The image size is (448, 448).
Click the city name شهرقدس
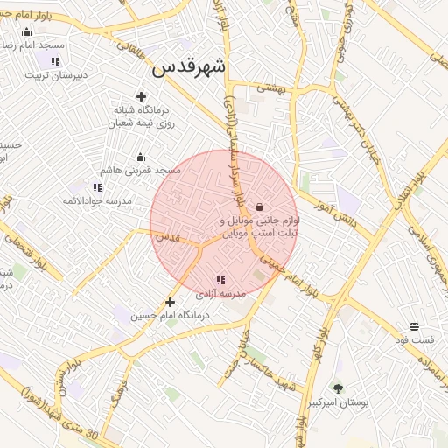[x=189, y=68]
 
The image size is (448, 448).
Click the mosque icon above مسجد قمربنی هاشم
[x=140, y=157]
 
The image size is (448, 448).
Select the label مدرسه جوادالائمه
[x=101, y=201]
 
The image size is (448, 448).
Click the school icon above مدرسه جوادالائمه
[x=97, y=187]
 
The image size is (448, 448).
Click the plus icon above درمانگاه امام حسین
[x=170, y=302]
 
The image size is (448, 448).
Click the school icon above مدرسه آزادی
[x=220, y=280]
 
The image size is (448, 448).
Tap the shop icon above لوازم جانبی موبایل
[x=260, y=206]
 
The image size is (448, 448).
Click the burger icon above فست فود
[x=414, y=326]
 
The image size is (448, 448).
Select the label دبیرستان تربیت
[x=57, y=75]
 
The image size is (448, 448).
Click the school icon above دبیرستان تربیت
[x=55, y=61]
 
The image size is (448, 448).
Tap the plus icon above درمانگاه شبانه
[x=141, y=96]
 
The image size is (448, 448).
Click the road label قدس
[x=167, y=238]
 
